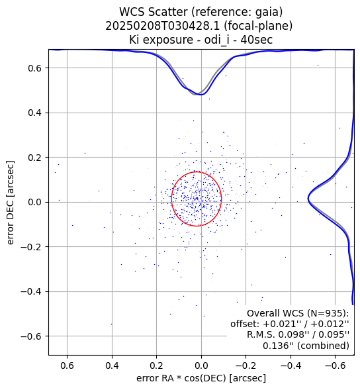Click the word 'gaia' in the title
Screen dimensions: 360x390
pyautogui.click(x=268, y=12)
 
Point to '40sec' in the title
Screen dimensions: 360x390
pyautogui.click(x=256, y=40)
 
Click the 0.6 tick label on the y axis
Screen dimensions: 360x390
pyautogui.click(x=35, y=68)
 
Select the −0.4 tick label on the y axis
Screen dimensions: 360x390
pyautogui.click(x=31, y=291)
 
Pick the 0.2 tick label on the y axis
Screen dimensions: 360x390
pyautogui.click(x=35, y=157)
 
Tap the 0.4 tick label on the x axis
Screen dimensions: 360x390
pyautogui.click(x=112, y=366)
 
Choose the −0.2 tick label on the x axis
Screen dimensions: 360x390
pyautogui.click(x=246, y=366)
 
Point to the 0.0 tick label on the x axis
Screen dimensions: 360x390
pyautogui.click(x=201, y=366)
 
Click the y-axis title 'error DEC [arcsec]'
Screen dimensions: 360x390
pyautogui.click(x=11, y=203)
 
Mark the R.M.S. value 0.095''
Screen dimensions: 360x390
pyautogui.click(x=334, y=335)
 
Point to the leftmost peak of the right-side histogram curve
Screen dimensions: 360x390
pyautogui.click(x=308, y=199)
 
